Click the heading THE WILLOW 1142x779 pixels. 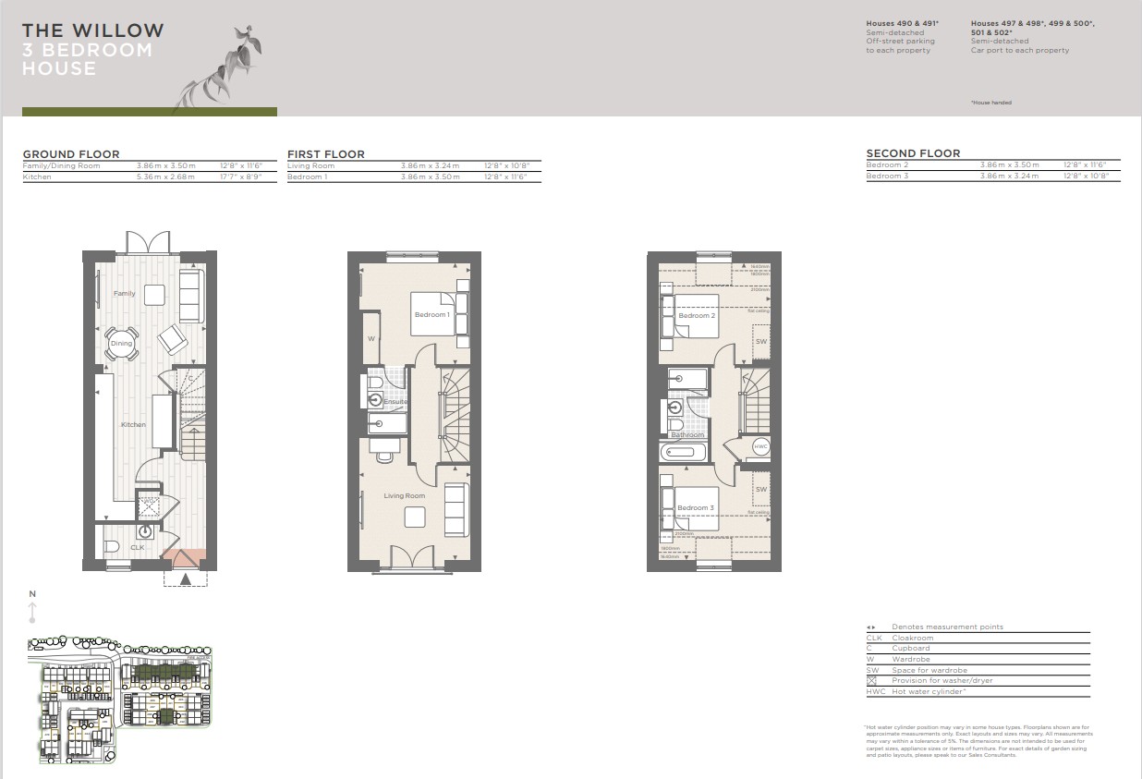(93, 30)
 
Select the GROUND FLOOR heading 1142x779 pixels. (71, 154)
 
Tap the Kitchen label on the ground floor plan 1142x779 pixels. (133, 424)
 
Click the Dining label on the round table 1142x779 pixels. (122, 344)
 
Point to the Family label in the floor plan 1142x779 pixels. (124, 294)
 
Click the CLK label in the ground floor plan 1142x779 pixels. (137, 548)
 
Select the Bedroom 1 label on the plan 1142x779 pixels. (431, 315)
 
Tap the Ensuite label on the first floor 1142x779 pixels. (395, 402)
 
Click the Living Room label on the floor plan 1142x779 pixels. (405, 496)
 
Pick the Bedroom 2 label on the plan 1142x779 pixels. (696, 316)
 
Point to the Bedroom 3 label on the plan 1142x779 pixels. (695, 508)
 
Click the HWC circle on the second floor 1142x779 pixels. (760, 446)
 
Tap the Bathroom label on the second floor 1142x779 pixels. (687, 434)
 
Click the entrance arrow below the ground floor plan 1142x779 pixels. (186, 579)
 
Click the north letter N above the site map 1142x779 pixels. (32, 594)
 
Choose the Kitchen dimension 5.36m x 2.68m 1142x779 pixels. (165, 176)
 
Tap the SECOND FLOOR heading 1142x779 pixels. (913, 153)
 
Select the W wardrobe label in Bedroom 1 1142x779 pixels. (371, 338)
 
